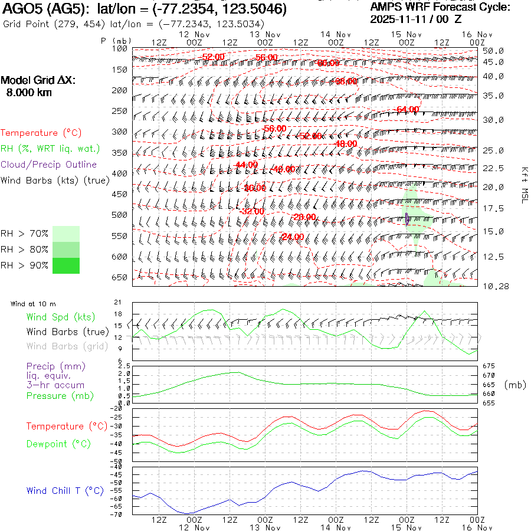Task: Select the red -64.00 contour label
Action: pyautogui.click(x=408, y=109)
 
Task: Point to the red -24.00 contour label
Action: pyautogui.click(x=293, y=237)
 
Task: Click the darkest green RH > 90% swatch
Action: pyautogui.click(x=65, y=265)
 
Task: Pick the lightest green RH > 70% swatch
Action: pyautogui.click(x=65, y=234)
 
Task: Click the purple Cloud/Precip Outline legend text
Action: pyautogui.click(x=49, y=165)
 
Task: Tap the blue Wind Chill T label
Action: pyautogui.click(x=65, y=491)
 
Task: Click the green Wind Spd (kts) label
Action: pyautogui.click(x=56, y=317)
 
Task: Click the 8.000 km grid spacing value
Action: pyautogui.click(x=29, y=93)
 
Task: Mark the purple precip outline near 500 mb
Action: pyautogui.click(x=407, y=218)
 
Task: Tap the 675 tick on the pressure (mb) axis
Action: pyautogui.click(x=487, y=366)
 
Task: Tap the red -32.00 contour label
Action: pyautogui.click(x=253, y=211)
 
